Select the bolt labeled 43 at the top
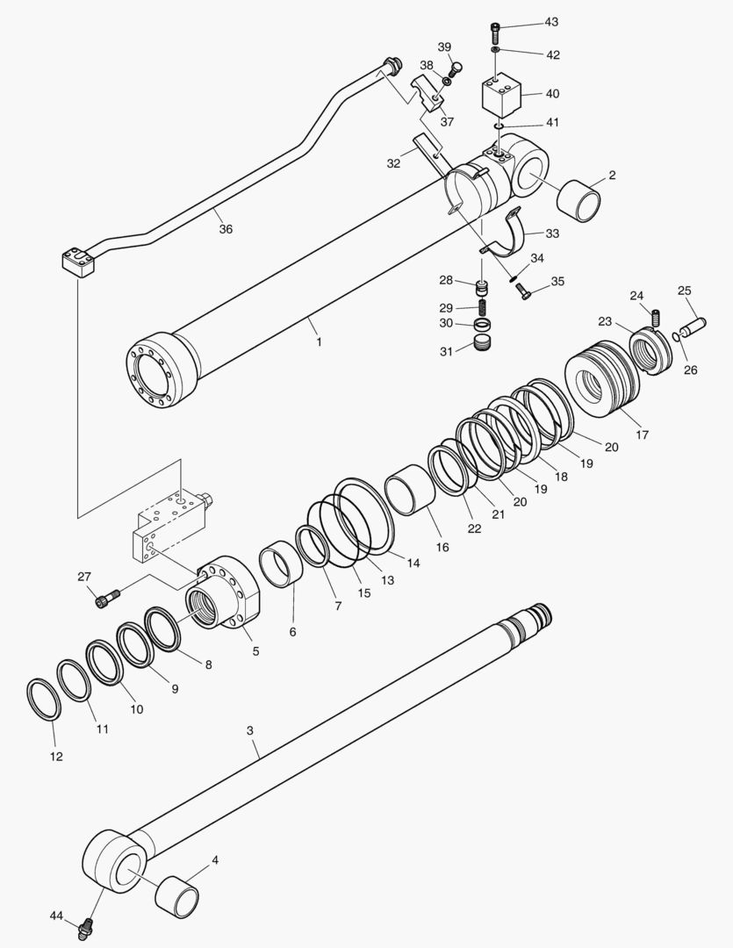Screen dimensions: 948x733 pyautogui.click(x=496, y=32)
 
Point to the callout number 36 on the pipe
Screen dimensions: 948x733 pyautogui.click(x=226, y=229)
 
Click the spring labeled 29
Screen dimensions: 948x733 pyautogui.click(x=482, y=307)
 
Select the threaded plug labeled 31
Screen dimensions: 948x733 pyautogui.click(x=483, y=341)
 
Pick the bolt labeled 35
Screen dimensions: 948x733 pyautogui.click(x=522, y=292)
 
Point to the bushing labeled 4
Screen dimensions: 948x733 pyautogui.click(x=178, y=896)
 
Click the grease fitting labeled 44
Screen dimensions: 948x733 pyautogui.click(x=86, y=925)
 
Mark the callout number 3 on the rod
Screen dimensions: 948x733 pyautogui.click(x=249, y=730)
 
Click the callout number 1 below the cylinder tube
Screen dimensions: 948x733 pyautogui.click(x=319, y=341)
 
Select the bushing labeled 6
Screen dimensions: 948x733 pyautogui.click(x=282, y=565)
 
